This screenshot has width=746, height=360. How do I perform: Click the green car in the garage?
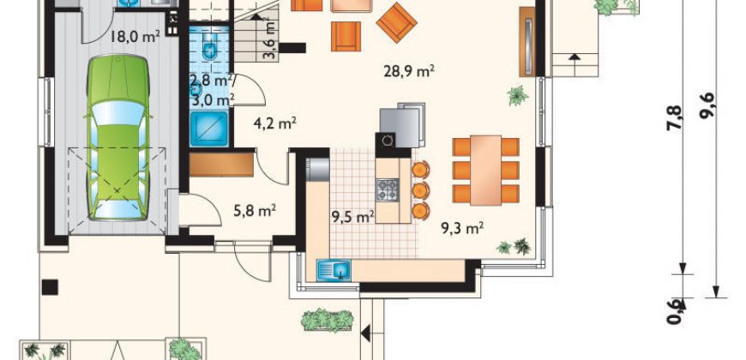click(118, 138)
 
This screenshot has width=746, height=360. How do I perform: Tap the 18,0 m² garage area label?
click(135, 37)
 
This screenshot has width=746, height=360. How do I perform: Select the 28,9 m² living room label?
click(409, 72)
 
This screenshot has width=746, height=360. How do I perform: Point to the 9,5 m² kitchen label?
click(352, 218)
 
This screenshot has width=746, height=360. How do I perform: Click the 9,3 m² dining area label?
click(462, 229)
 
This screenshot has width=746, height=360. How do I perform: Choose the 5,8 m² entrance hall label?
click(255, 210)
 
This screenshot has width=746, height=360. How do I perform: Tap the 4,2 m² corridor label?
click(275, 124)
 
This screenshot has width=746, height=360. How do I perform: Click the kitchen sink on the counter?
click(334, 271)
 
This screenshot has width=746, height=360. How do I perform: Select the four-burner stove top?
click(388, 189)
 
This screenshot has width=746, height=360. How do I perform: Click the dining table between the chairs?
click(485, 171)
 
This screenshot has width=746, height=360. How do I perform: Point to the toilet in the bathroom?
click(209, 47)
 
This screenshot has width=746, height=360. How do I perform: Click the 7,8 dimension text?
click(675, 118)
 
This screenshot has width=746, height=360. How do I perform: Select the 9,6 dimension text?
click(707, 105)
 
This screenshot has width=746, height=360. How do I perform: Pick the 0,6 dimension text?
click(675, 311)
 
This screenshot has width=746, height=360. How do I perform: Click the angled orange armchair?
click(396, 22)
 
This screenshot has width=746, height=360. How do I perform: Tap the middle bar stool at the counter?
click(420, 190)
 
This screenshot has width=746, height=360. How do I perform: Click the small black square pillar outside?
click(50, 287)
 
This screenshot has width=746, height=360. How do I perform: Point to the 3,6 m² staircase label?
click(270, 40)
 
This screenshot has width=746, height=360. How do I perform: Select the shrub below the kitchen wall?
click(328, 320)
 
